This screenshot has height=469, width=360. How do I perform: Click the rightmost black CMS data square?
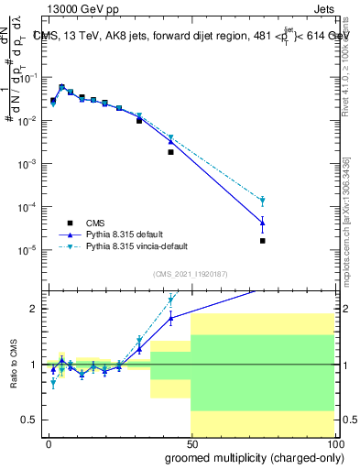tap(263, 241)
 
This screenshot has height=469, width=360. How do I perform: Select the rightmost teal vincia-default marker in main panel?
tap(263, 201)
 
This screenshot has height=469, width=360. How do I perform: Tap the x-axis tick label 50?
tap(191, 444)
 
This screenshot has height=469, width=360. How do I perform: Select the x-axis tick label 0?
tap(49, 444)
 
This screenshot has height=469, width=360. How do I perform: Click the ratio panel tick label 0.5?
tap(32, 420)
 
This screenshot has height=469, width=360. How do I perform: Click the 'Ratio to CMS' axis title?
tap(13, 364)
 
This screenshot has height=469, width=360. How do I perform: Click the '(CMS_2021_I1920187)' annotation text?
tap(190, 274)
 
